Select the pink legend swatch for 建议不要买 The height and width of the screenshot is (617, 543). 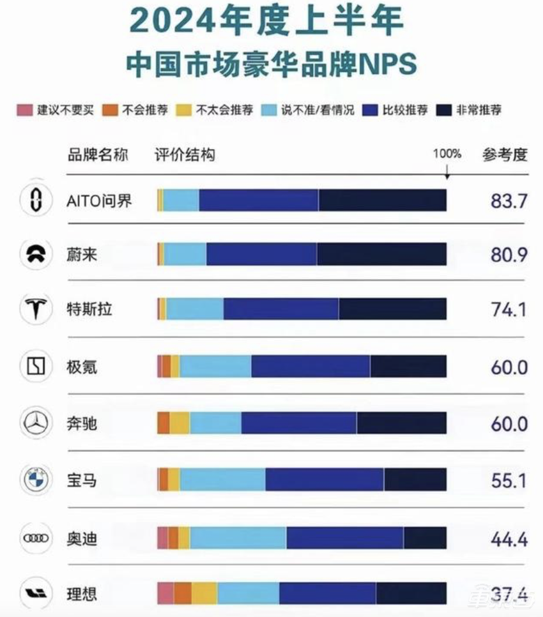click(24, 110)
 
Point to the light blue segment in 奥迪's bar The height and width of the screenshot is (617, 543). click(238, 538)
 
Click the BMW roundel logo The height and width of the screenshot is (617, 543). click(36, 480)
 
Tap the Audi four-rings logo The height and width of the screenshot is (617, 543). click(36, 538)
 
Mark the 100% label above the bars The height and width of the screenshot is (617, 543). click(447, 154)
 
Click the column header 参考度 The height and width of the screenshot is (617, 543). click(505, 155)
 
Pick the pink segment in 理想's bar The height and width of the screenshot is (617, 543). click(165, 593)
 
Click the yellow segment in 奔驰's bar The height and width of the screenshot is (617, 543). click(180, 423)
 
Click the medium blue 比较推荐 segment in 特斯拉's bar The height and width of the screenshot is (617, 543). click(280, 310)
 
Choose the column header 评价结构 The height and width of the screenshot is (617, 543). click(185, 155)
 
